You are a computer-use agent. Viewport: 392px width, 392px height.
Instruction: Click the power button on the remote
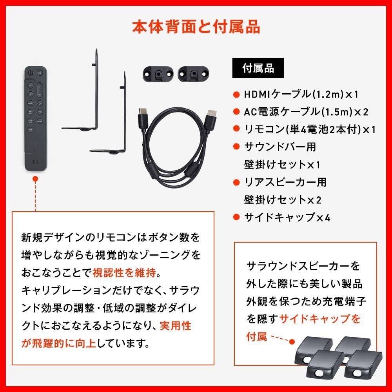point(30,73)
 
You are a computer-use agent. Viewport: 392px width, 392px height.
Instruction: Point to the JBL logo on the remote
point(35,161)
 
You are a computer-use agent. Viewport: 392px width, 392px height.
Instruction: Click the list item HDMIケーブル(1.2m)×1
point(301,94)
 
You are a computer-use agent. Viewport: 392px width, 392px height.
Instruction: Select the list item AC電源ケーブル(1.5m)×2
point(306,112)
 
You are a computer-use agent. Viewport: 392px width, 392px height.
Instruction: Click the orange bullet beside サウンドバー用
point(236,147)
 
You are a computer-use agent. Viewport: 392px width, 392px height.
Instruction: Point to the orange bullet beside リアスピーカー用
point(236,182)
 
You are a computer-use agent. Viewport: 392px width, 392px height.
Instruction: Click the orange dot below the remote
point(35,179)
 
